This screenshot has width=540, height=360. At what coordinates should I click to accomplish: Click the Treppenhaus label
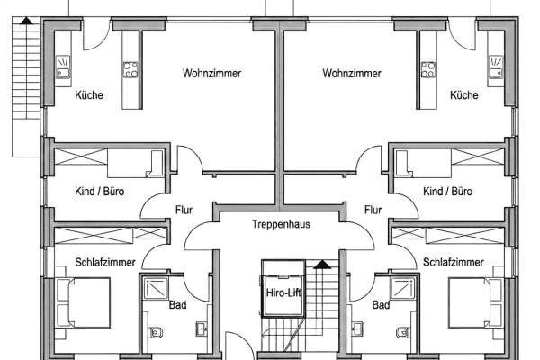281,224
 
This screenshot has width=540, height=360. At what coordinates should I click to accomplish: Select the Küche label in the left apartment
88,95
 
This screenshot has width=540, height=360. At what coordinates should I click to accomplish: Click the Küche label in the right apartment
463,95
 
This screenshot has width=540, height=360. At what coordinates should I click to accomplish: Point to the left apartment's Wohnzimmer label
211,73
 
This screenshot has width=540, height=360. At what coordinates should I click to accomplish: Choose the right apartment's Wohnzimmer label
350,73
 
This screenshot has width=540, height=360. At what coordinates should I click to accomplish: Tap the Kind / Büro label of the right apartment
447,193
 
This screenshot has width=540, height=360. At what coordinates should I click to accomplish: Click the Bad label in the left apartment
178,306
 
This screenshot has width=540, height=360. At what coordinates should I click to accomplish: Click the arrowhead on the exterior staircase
25,20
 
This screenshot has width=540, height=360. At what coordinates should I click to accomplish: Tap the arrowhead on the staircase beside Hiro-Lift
320,265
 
